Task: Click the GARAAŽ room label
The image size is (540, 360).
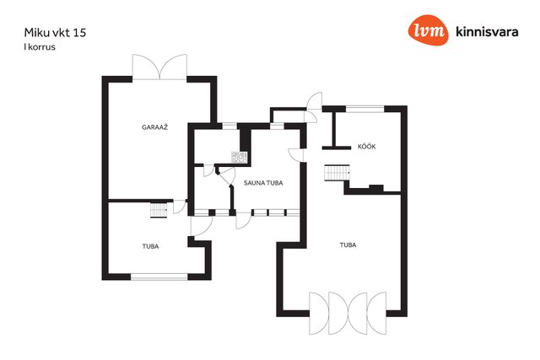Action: click(154, 127)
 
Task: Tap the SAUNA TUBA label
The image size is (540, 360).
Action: click(263, 183)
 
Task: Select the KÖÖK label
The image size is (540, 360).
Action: click(366, 146)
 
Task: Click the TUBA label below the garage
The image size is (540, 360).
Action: click(150, 246)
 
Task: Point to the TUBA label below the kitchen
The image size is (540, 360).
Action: click(348, 245)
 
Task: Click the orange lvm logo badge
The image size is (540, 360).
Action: click(428, 30)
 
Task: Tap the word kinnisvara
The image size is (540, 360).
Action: click(487, 32)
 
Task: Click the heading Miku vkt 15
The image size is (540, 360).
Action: click(55, 33)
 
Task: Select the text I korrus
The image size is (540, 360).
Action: click(40, 47)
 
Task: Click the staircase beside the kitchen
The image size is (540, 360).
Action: click(337, 173)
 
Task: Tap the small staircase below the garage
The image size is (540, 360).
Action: click(159, 210)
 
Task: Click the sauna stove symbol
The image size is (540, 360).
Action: click(239, 158)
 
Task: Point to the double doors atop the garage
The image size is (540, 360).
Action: click(159, 67)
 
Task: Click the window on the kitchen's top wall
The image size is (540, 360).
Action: click(364, 109)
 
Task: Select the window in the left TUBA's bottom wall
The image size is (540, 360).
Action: click(159, 277)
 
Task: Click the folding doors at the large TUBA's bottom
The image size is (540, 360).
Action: click(348, 313)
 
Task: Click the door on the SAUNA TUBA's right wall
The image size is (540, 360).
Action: click(296, 154)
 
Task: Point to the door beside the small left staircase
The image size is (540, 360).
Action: click(180, 207)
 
